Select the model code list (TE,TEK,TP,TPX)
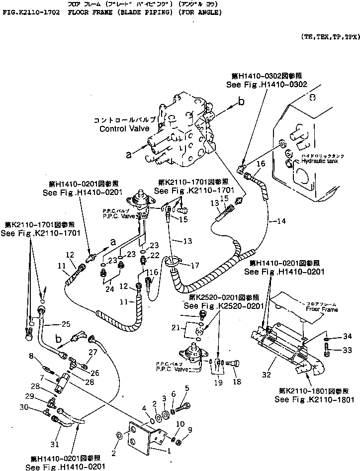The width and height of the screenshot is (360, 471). tap(329, 37)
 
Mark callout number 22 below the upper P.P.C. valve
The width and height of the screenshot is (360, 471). tap(155, 255)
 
